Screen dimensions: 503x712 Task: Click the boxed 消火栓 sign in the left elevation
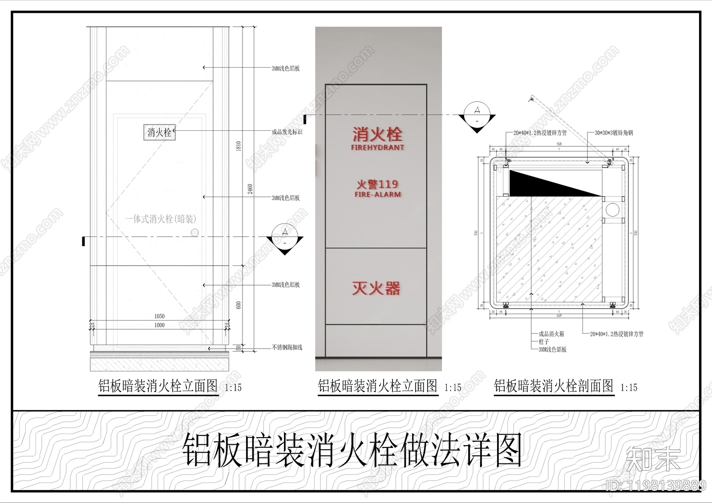tap(159, 132)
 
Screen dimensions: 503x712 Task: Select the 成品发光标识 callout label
tap(287, 132)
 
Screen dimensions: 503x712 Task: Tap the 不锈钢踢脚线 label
tap(287, 347)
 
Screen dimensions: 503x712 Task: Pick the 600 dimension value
tap(239, 305)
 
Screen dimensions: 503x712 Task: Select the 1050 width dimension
tap(159, 316)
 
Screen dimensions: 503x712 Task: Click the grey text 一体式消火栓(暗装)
tap(161, 219)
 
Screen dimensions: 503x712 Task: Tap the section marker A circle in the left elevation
tap(285, 232)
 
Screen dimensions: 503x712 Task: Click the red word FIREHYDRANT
tap(377, 147)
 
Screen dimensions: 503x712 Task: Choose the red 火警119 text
tap(377, 184)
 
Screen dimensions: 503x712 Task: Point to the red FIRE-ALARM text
tap(377, 194)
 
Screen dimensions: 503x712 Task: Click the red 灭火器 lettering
tap(376, 288)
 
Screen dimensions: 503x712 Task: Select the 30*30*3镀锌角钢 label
tap(614, 133)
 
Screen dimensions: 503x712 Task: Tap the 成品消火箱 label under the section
tap(551, 334)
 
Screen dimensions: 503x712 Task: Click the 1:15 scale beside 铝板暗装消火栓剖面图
tap(629, 387)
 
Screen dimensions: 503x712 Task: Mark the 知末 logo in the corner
tap(653, 459)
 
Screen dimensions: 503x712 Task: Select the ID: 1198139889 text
tap(656, 485)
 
